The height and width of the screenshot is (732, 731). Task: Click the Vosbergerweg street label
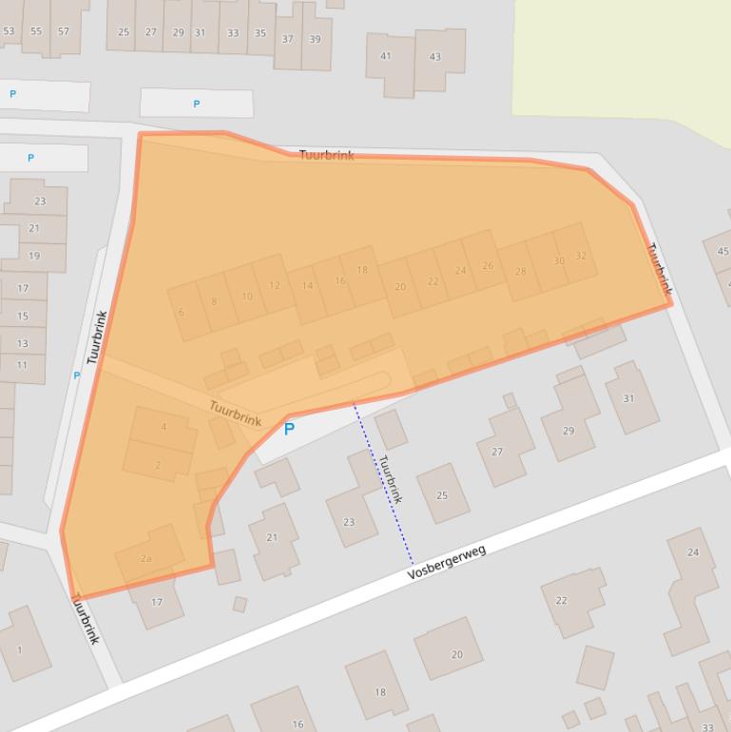(x=447, y=562)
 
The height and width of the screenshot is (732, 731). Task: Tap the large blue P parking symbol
(x=289, y=430)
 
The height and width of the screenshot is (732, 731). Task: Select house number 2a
(x=146, y=558)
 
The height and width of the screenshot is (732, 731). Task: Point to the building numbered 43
(x=434, y=57)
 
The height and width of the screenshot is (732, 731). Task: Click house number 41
(x=386, y=56)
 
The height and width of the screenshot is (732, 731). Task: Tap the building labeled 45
(x=722, y=251)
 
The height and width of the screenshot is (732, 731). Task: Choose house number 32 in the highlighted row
(x=581, y=256)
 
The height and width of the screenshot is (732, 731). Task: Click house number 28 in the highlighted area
(x=520, y=271)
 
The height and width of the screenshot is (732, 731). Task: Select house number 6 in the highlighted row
(x=181, y=312)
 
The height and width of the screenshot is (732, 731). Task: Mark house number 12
(x=275, y=285)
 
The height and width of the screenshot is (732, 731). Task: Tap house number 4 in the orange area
(x=164, y=427)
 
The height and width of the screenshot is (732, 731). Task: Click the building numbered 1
(x=20, y=650)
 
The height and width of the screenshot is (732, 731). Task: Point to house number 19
(x=34, y=256)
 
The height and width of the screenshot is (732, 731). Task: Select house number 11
(x=22, y=365)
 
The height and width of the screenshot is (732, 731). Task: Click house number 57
(x=64, y=31)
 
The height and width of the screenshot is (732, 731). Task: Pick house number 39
(x=315, y=40)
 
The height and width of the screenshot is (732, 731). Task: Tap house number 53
(x=10, y=31)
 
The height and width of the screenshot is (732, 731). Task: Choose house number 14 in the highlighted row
(x=307, y=285)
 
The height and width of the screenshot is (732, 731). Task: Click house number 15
(x=23, y=316)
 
